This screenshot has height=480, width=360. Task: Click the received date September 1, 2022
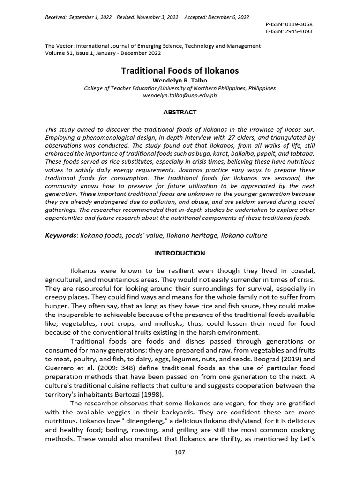click(x=90, y=17)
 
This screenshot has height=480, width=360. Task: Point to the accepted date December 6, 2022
click(x=227, y=17)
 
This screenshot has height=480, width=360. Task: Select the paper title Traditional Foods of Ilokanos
click(x=180, y=71)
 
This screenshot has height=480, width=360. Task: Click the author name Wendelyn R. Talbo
click(x=180, y=81)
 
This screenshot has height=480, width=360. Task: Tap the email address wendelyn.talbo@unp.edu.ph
click(x=180, y=95)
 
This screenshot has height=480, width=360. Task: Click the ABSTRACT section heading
click(x=180, y=112)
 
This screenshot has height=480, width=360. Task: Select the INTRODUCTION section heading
click(x=180, y=253)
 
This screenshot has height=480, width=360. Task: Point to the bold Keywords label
click(x=61, y=235)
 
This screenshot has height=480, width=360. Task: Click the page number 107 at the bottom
click(x=180, y=452)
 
